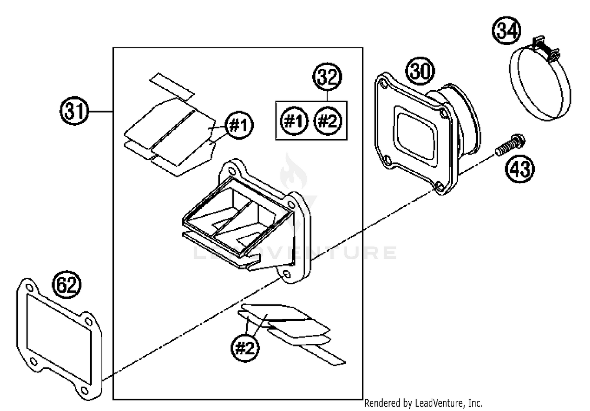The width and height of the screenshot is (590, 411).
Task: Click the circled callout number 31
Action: click(x=75, y=112)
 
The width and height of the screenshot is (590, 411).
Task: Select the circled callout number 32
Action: click(x=327, y=77)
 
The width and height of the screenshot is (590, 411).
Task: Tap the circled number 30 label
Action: click(x=420, y=71)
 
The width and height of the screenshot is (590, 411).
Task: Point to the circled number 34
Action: click(x=507, y=30)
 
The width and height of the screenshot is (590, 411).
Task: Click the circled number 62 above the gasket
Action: click(x=67, y=284)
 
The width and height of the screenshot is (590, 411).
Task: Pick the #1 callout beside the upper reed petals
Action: click(x=239, y=125)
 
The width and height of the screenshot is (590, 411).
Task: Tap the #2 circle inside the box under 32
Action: click(x=327, y=121)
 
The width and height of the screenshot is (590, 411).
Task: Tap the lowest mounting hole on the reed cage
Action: click(x=286, y=273)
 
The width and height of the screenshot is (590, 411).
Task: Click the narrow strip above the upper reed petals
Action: click(x=171, y=85)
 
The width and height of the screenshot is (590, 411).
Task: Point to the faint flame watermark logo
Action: click(x=293, y=173)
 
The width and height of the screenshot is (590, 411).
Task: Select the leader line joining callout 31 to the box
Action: click(x=101, y=112)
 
